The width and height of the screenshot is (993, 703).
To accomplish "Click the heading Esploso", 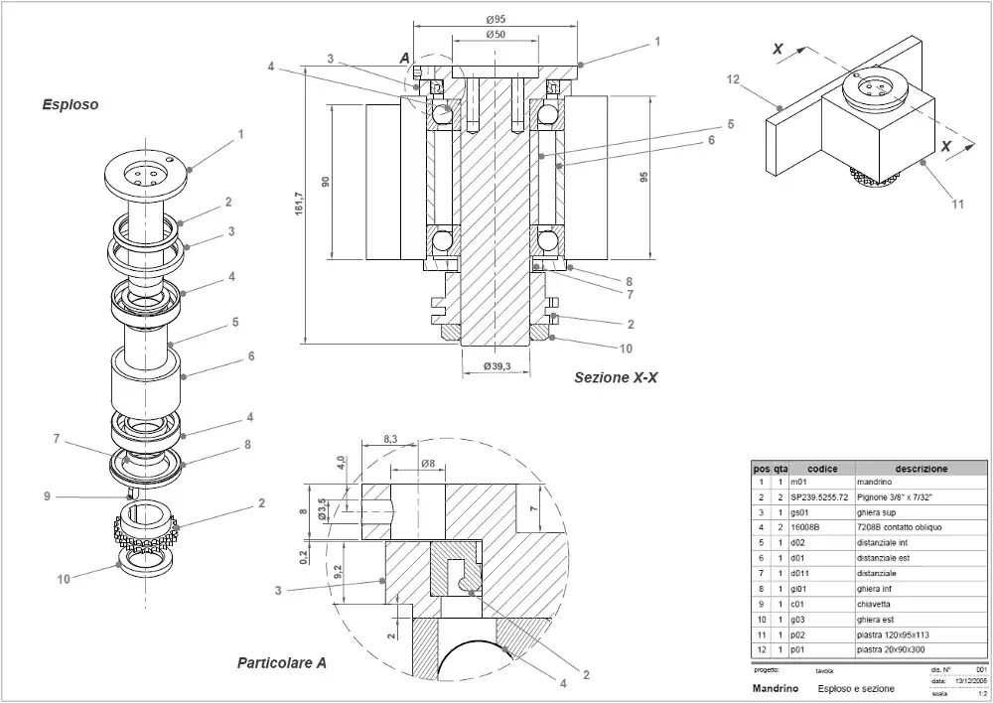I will [70, 103].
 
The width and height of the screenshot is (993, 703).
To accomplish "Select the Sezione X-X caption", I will [616, 377].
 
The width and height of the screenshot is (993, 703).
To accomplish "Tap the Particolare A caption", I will [281, 662].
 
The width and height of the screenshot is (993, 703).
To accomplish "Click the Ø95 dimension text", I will [496, 19].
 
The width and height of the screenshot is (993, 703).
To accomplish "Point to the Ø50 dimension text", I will [496, 35].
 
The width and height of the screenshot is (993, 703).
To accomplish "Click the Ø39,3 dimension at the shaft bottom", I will [496, 366].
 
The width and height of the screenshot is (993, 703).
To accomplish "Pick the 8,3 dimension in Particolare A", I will [389, 438].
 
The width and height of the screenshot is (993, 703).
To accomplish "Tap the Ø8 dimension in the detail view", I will [429, 464].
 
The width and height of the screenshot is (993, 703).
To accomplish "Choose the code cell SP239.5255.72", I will [819, 496].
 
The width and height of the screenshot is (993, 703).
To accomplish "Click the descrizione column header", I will [921, 469].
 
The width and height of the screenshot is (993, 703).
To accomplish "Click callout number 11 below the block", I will [957, 205].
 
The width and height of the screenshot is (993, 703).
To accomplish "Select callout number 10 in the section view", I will [626, 349].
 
